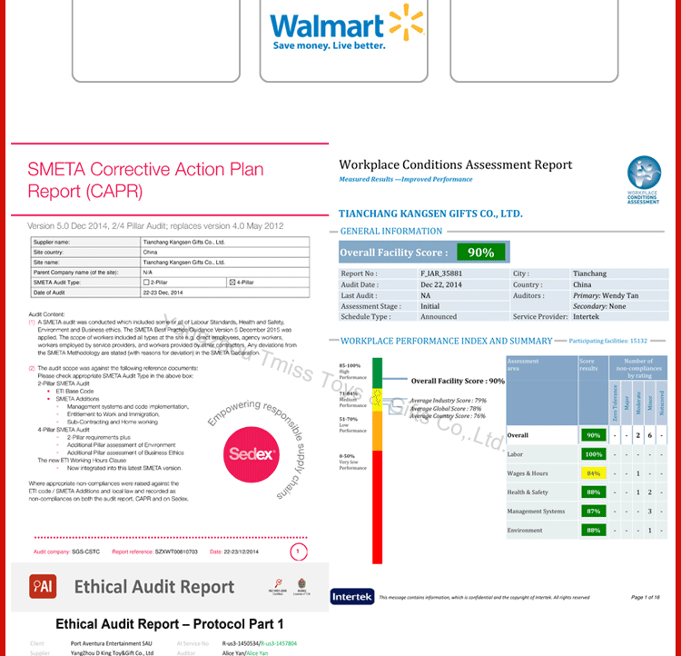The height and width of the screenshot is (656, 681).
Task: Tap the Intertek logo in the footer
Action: pos(351,597)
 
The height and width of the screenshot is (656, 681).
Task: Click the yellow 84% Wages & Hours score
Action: pos(593,473)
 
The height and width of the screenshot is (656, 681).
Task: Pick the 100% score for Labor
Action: pos(593,453)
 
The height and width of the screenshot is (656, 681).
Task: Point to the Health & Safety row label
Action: pos(528,492)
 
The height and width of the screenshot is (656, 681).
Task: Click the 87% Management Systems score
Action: pos(593,512)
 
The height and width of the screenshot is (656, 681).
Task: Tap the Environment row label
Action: pos(525,531)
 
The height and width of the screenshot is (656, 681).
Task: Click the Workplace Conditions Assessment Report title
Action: pos(455,165)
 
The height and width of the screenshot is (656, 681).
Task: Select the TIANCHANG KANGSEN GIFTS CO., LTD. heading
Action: pos(430,214)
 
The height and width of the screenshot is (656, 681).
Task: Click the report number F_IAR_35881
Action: pos(442,273)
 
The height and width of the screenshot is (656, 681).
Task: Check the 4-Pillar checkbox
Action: pos(232,283)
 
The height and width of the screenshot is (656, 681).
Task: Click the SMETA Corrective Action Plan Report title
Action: pos(145,180)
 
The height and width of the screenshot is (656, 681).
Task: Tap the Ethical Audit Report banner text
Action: pos(153,587)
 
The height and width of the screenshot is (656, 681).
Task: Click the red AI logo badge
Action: pos(43,587)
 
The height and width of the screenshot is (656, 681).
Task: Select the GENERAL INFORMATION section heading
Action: pos(393,232)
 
